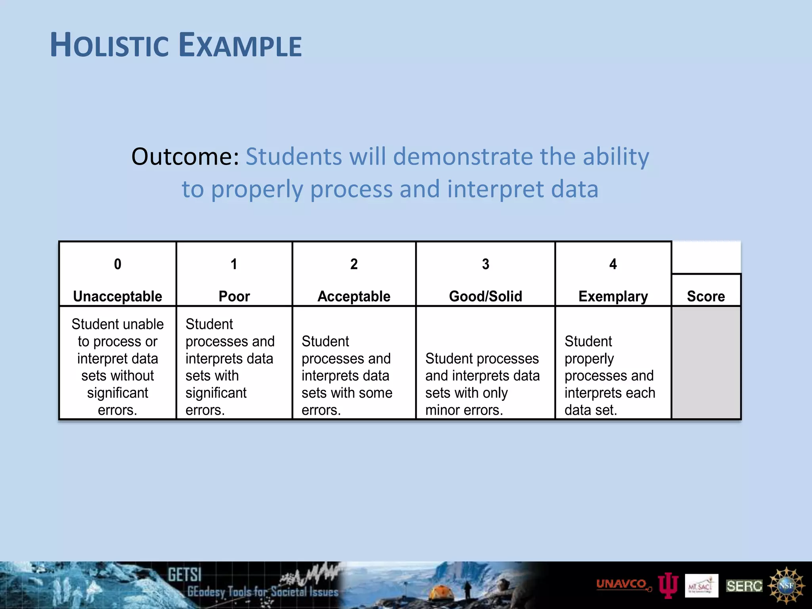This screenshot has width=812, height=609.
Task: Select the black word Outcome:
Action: tap(185, 157)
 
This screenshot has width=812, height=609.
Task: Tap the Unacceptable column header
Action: tap(117, 296)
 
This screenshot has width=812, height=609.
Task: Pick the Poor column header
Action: tap(234, 296)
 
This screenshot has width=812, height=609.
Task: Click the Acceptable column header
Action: tap(354, 296)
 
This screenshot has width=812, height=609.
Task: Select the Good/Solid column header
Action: tap(485, 296)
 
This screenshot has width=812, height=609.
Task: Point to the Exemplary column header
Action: tap(613, 296)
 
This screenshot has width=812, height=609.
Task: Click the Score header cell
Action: tap(706, 296)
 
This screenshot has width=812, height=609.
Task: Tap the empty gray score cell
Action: tap(706, 363)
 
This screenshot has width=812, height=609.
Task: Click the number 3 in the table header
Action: tap(485, 264)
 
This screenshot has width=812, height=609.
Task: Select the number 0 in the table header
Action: tap(117, 264)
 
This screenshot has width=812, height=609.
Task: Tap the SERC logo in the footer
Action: tap(744, 586)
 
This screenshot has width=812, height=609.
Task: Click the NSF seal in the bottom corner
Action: tap(786, 585)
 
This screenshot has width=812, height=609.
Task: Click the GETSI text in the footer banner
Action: tap(184, 575)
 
